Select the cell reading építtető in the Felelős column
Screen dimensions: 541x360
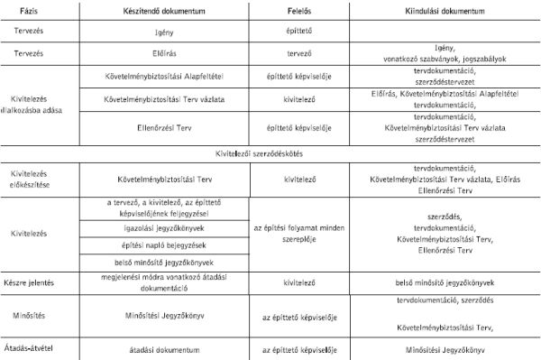(298, 31)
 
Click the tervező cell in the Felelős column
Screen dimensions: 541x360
(298, 52)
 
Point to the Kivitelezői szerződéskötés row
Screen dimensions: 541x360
(270, 152)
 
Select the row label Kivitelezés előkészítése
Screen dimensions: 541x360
(33, 179)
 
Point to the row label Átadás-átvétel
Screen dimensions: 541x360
(32, 347)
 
